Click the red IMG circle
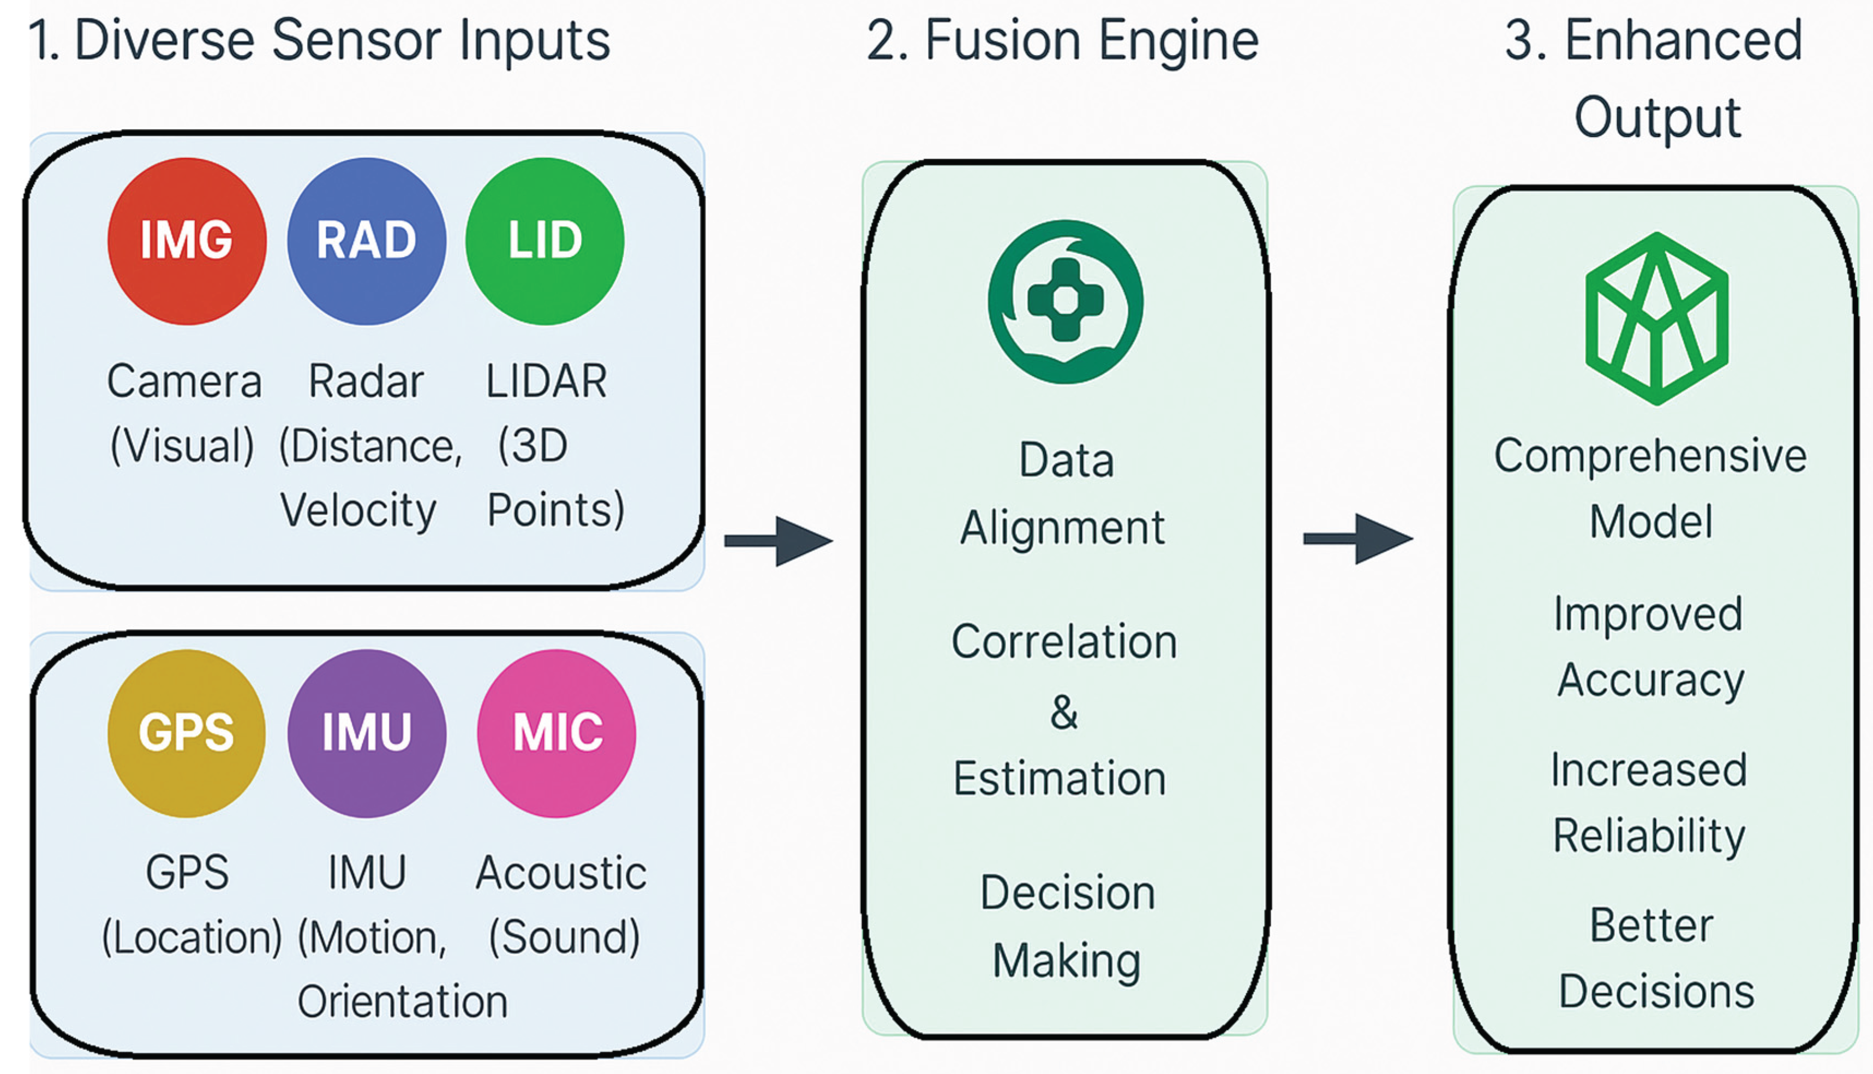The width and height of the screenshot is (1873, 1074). [x=187, y=241]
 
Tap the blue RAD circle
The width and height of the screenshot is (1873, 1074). [x=367, y=241]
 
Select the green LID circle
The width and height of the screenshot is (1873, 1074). [x=545, y=241]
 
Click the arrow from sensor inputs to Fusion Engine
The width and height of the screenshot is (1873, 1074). [x=780, y=541]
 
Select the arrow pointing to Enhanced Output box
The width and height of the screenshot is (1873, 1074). [x=1359, y=539]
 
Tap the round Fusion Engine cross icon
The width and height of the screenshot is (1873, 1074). [x=1066, y=301]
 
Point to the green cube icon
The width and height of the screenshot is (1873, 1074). [x=1656, y=319]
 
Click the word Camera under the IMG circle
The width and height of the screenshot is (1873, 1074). [x=184, y=382]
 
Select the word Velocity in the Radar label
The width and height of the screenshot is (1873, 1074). [x=358, y=510]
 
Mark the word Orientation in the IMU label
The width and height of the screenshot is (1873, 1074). [x=403, y=1002]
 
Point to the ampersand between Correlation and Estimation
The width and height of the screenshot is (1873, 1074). [x=1064, y=712]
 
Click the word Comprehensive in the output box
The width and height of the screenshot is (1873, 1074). [x=1650, y=455]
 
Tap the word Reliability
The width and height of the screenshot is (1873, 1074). [x=1649, y=836]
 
